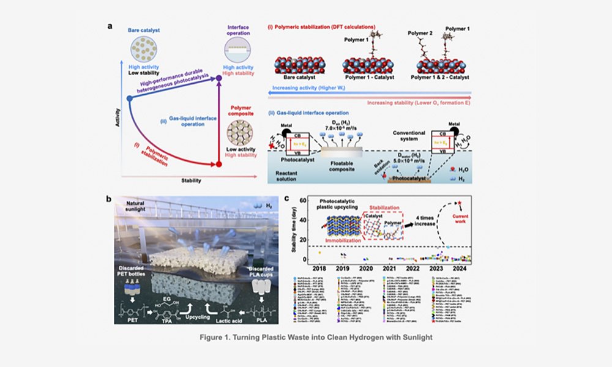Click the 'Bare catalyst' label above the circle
tap(144, 30)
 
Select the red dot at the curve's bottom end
tap(220, 164)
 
